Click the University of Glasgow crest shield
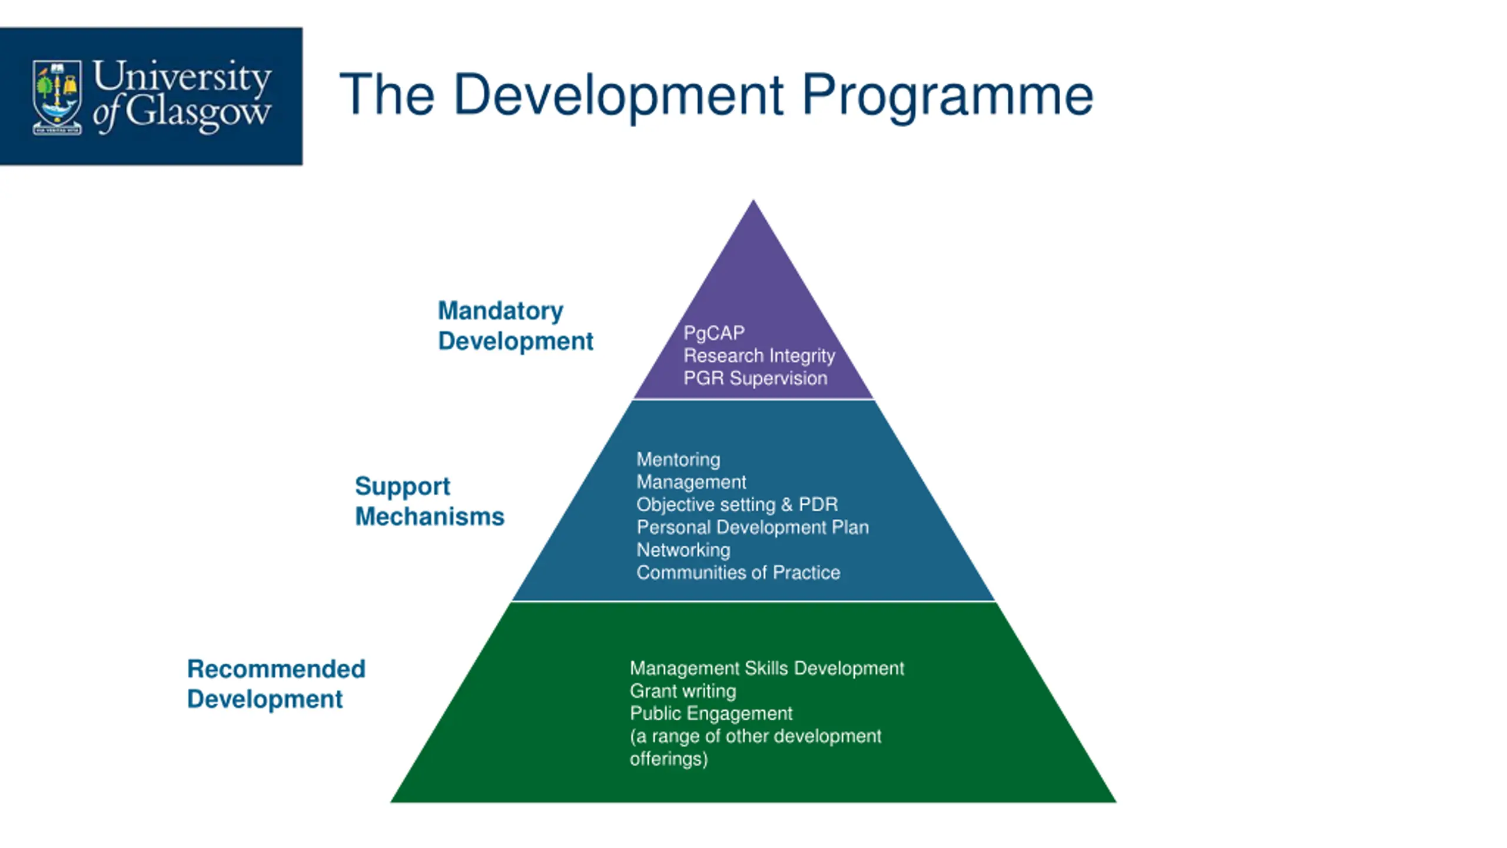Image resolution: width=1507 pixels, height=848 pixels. (57, 97)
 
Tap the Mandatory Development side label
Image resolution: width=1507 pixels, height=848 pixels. (515, 326)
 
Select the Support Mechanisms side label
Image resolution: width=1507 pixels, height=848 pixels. (429, 501)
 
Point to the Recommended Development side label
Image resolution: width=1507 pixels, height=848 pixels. (276, 684)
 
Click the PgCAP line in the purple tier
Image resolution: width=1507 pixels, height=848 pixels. (713, 333)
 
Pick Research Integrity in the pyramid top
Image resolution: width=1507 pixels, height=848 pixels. (759, 356)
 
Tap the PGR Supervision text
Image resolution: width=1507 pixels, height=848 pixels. (755, 378)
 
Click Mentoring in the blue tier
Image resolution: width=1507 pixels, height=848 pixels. (678, 459)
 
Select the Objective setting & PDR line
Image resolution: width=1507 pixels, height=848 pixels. (737, 505)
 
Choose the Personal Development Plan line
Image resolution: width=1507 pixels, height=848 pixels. (752, 527)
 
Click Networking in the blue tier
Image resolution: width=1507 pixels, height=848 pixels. (683, 550)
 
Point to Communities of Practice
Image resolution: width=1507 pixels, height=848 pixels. (738, 572)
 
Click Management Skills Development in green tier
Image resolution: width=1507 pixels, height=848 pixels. (766, 668)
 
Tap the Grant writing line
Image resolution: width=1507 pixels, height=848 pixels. (683, 691)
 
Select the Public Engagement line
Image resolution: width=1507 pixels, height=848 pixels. (711, 714)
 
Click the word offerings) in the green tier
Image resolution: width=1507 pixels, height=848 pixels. (669, 759)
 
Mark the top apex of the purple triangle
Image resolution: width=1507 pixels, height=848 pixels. (753, 203)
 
